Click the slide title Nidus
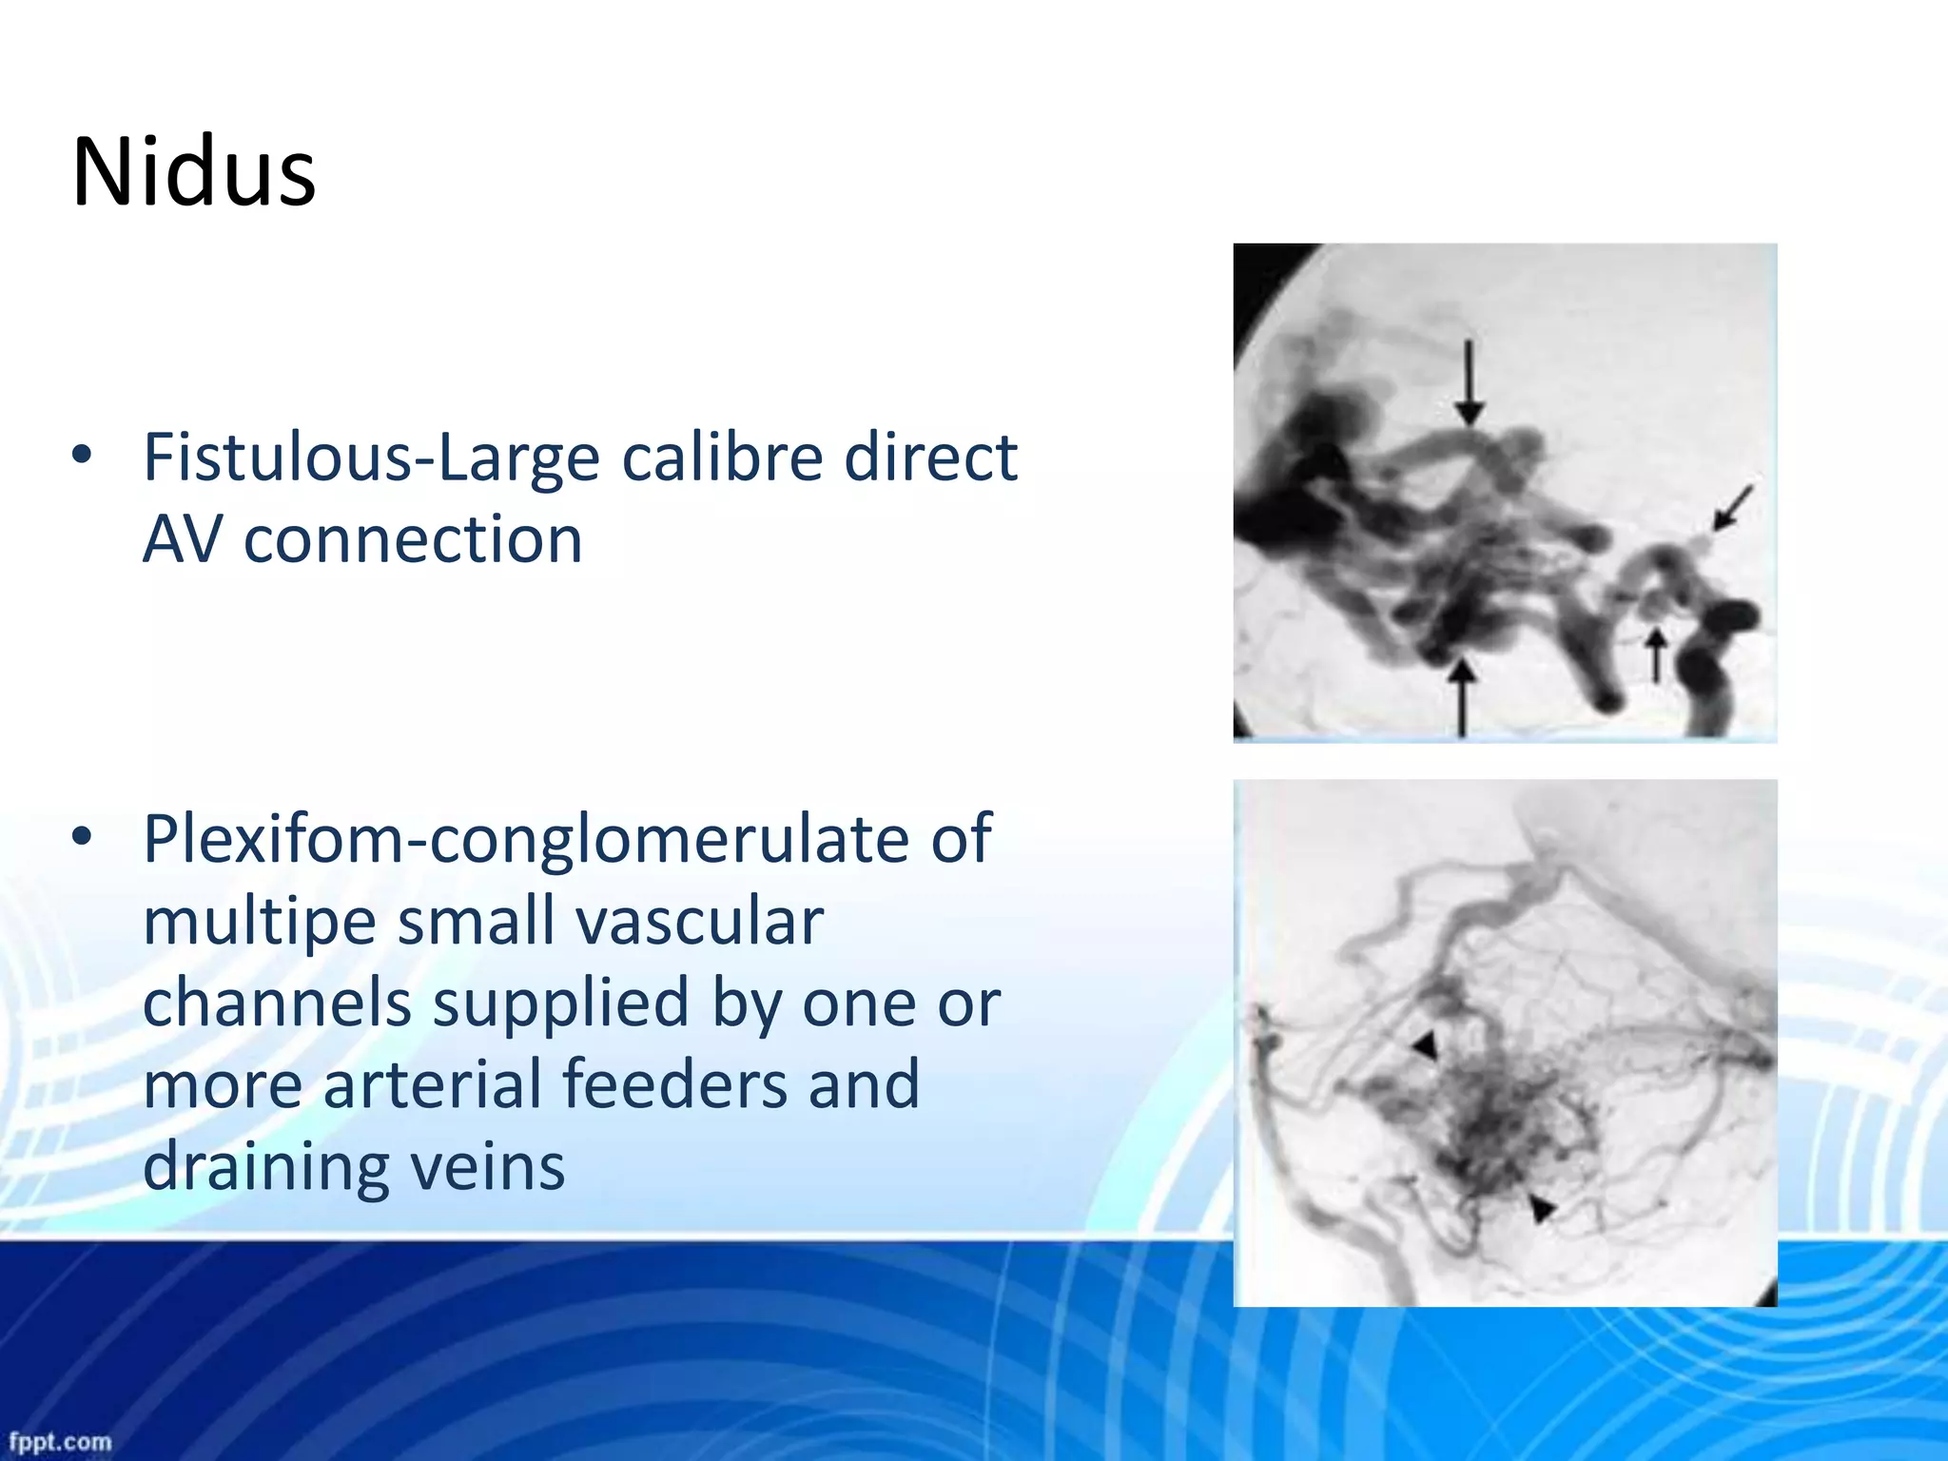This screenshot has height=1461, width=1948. pos(194,173)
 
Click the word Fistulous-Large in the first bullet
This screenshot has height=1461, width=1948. pos(371,458)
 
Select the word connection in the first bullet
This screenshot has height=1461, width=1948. pos(413,540)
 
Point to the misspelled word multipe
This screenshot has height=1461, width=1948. pos(259,923)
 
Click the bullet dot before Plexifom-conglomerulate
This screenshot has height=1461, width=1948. pos(83,837)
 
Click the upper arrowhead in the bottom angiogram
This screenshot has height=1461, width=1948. pos(1425,1046)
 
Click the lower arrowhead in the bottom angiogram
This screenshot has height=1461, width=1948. pos(1540,1209)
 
